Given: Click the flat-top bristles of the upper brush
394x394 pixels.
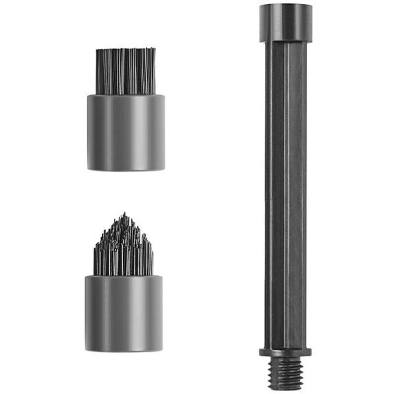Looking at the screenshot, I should point(125,71).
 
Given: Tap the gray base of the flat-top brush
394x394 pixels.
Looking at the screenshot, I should point(126,132).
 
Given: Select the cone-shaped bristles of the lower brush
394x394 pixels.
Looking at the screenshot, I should point(123,249).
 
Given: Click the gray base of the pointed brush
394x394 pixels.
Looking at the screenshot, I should point(124,313).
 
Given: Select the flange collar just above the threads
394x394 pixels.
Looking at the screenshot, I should point(285,352).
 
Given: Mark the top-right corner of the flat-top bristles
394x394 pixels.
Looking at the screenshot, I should point(155,49).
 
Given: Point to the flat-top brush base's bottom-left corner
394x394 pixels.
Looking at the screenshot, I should point(89,169).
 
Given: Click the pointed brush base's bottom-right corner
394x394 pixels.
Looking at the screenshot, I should point(162,350).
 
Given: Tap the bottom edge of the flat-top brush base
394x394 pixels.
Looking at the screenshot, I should point(126,170).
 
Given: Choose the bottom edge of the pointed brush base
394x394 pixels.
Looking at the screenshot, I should point(124,351).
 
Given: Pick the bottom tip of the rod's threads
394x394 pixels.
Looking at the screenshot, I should point(285,389).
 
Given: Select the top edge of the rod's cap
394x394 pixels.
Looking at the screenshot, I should point(285,4).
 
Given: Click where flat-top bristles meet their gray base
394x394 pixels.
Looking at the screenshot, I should point(126,95).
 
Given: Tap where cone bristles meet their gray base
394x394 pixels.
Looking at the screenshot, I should point(124,275).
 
